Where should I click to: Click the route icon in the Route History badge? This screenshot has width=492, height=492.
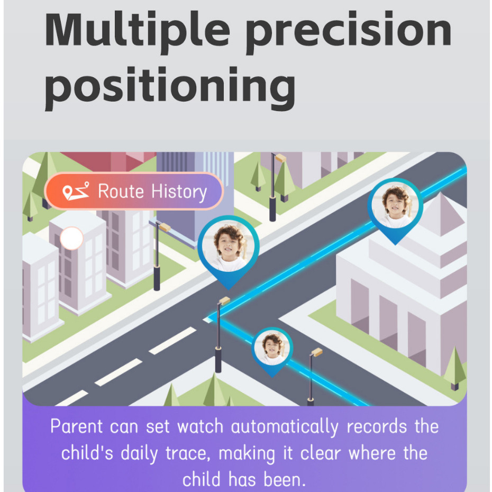click(76, 191)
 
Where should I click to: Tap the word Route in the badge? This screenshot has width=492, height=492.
click(121, 191)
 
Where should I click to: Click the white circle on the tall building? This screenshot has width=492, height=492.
click(71, 238)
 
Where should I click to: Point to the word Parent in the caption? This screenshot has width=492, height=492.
click(77, 426)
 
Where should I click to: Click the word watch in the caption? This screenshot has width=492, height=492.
click(200, 426)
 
